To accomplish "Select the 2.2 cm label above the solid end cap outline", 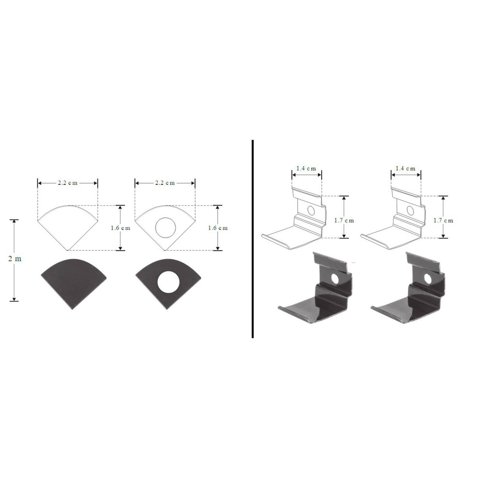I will pyautogui.click(x=67, y=183).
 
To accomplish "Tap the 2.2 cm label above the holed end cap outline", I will pyautogui.click(x=165, y=183).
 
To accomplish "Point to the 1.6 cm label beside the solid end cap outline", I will pyautogui.click(x=120, y=228).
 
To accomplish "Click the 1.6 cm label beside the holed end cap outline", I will pyautogui.click(x=217, y=228).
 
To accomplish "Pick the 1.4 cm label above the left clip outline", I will pyautogui.click(x=306, y=168).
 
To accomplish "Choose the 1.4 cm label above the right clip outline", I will pyautogui.click(x=406, y=168).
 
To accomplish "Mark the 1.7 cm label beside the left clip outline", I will pyautogui.click(x=344, y=220).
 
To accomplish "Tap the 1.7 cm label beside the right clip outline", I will pyautogui.click(x=443, y=220).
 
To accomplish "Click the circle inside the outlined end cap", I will pyautogui.click(x=165, y=228).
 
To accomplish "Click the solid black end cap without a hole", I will pyautogui.click(x=74, y=282).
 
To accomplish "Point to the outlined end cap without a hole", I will pyautogui.click(x=68, y=226).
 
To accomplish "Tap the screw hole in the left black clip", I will pyautogui.click(x=335, y=279).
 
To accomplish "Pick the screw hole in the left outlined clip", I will pyautogui.click(x=311, y=210).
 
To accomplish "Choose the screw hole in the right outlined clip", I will pyautogui.click(x=410, y=210).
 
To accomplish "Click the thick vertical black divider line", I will pyautogui.click(x=252, y=238).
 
